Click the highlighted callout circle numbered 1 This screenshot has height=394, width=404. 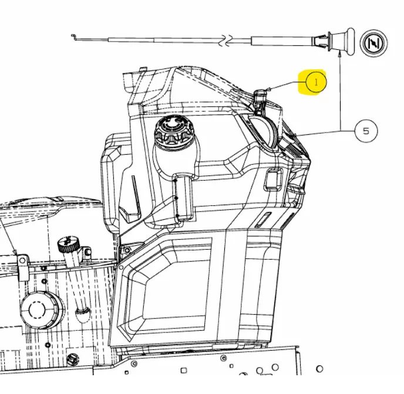coord(316,82)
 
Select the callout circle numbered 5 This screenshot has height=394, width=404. coord(366,131)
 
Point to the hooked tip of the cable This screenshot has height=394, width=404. coord(73,36)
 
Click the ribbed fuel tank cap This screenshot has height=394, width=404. coord(174,132)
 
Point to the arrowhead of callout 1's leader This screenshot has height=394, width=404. coord(268,89)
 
